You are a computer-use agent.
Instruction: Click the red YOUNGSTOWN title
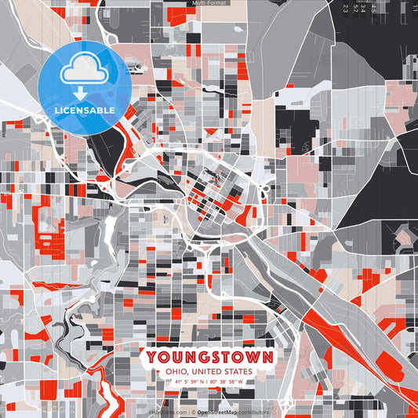(209, 358)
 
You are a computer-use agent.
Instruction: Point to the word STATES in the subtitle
(236, 372)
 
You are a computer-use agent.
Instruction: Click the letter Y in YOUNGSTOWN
(151, 358)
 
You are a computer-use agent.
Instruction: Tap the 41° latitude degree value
(177, 382)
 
